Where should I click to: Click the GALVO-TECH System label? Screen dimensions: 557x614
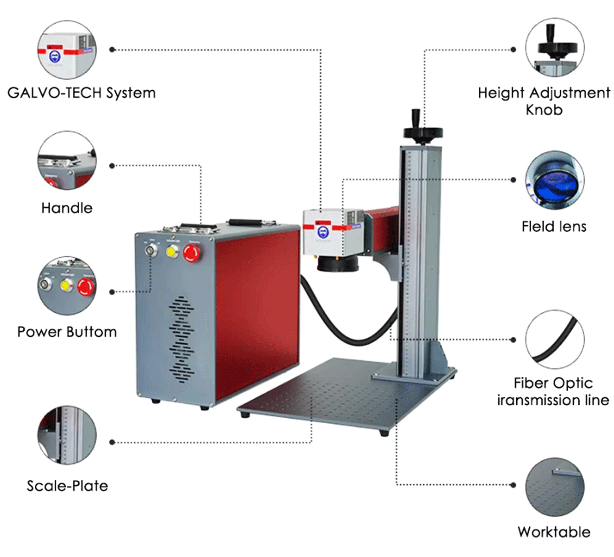(x=81, y=93)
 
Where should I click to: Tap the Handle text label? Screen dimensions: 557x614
(x=67, y=208)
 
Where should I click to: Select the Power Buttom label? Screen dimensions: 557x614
(x=67, y=332)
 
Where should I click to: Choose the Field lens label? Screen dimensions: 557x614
(x=554, y=227)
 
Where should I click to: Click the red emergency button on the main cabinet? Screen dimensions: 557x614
(x=192, y=253)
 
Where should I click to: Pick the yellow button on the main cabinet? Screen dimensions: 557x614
(x=171, y=252)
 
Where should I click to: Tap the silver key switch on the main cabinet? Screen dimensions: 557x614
(x=151, y=250)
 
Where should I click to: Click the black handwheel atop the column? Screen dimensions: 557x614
(x=423, y=133)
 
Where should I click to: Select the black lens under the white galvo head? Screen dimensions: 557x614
(x=338, y=263)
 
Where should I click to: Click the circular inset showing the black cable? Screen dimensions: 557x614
(x=554, y=340)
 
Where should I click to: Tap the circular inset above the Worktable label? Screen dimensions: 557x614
(x=554, y=487)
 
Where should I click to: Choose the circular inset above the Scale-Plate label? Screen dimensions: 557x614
(x=67, y=435)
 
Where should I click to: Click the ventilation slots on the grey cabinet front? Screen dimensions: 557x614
(x=181, y=340)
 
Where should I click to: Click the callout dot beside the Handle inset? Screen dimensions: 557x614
(x=112, y=166)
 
